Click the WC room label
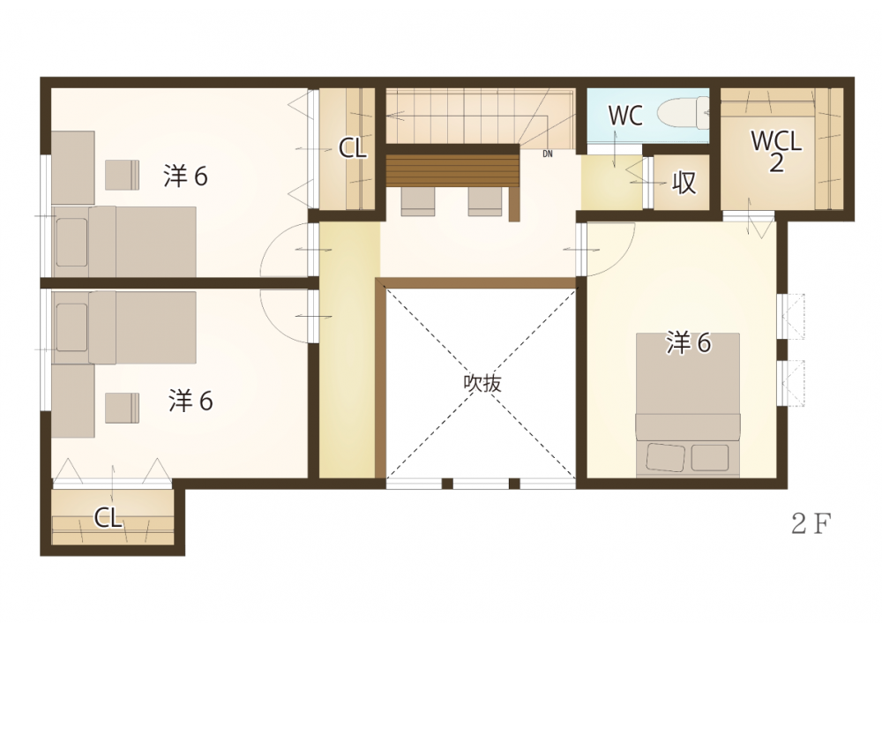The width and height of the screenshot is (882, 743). [625, 116]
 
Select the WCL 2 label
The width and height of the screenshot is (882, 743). [776, 151]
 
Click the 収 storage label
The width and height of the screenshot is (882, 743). [684, 183]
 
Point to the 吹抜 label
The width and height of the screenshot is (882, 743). [482, 383]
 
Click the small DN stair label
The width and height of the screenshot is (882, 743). [548, 154]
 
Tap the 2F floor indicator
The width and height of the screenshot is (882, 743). [811, 524]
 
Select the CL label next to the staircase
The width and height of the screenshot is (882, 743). [353, 148]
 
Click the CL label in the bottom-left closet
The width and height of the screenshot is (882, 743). [108, 517]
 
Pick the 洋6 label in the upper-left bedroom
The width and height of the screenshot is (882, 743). [185, 176]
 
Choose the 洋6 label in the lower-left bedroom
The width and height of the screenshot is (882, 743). [191, 401]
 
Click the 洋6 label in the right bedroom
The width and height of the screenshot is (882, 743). [689, 342]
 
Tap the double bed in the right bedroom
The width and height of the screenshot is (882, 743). [688, 405]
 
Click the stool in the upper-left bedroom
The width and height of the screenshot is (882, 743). [122, 175]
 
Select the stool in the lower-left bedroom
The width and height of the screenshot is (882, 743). [122, 408]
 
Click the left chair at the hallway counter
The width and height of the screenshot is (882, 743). [418, 201]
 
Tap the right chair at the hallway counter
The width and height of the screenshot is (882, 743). [485, 201]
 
